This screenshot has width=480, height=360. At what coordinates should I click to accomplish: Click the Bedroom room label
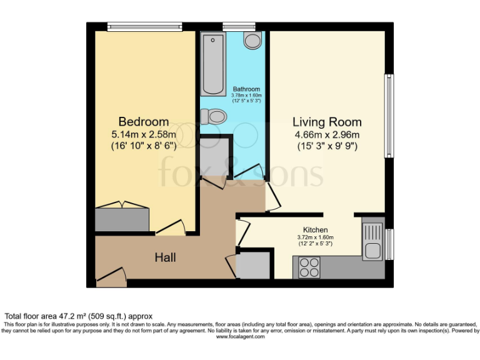tap(144, 121)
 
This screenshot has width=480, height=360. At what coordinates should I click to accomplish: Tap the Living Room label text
tap(327, 122)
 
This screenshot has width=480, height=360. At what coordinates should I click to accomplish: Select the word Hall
tap(165, 257)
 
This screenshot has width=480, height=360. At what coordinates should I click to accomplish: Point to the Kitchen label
tap(315, 230)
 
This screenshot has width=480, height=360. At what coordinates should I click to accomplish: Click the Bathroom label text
tap(246, 89)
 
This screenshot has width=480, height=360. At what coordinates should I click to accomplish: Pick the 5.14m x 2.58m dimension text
tap(144, 134)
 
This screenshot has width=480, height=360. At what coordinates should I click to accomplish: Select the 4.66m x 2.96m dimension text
tap(327, 135)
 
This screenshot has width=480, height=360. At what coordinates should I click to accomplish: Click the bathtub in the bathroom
tap(214, 64)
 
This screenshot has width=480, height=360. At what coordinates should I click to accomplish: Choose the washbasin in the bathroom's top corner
tap(253, 41)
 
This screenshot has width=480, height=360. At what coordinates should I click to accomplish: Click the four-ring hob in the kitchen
tap(309, 267)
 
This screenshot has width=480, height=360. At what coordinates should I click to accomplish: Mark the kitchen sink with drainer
tap(372, 241)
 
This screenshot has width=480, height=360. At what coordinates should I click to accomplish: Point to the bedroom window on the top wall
tap(144, 26)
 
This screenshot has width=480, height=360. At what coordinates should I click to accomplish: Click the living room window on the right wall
tap(389, 116)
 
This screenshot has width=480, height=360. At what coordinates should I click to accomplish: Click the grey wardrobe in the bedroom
tap(122, 219)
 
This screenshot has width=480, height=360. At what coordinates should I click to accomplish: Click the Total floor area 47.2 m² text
tap(78, 316)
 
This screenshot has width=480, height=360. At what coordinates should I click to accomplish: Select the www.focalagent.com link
tap(240, 337)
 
